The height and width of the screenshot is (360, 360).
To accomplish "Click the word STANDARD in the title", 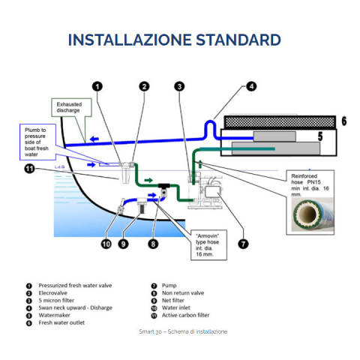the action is [x=238, y=40].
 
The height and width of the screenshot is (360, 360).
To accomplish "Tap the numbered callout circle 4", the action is [x=251, y=86].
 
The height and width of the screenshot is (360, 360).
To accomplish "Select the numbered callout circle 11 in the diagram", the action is [x=29, y=169].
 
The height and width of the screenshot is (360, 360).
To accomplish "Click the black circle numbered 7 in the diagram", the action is [x=243, y=244].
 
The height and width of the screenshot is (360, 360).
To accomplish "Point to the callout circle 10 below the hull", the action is [x=106, y=244].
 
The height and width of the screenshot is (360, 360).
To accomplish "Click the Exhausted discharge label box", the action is [x=71, y=107].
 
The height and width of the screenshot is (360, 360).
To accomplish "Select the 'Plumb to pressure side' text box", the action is [x=37, y=142].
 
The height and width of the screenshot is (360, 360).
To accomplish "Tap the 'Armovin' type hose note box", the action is [x=208, y=245].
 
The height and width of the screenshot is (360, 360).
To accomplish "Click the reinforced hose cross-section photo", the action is [x=313, y=214].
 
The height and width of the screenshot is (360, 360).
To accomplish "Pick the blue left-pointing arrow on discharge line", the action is [x=94, y=139].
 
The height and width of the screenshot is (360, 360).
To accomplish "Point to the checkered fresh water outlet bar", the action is [x=280, y=122].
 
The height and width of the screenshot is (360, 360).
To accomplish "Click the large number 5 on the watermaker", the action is [x=320, y=136].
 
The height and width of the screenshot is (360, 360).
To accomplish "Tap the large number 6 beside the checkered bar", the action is [x=344, y=121].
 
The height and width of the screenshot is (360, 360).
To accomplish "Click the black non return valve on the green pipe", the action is [x=164, y=190].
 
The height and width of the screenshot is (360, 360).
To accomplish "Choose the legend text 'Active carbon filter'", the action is [x=185, y=315].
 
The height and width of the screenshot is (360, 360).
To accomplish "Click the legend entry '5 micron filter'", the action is [x=56, y=300].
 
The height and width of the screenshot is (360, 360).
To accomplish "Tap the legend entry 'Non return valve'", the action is [x=183, y=293].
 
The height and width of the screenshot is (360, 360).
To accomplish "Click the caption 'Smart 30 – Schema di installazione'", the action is [x=183, y=331].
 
